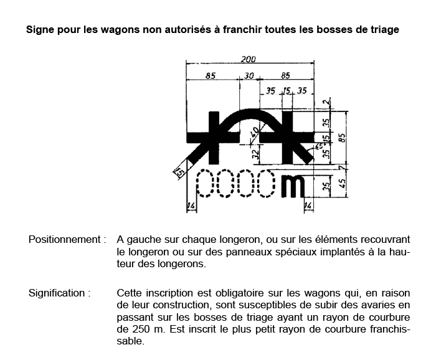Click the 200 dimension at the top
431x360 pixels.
click(x=249, y=59)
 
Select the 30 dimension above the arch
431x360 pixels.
click(x=249, y=77)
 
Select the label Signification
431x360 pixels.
click(x=60, y=293)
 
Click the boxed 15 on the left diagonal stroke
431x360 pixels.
click(x=180, y=172)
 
